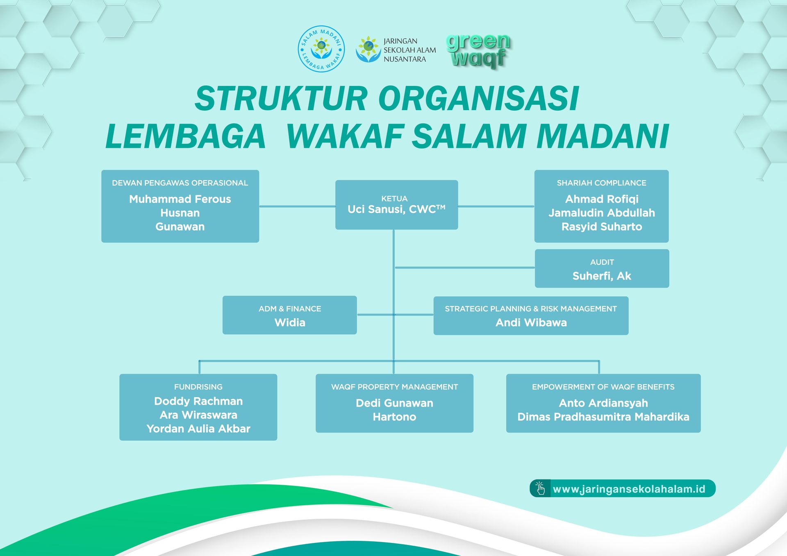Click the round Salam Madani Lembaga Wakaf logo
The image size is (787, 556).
(x=321, y=49)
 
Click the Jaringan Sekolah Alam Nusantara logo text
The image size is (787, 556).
(x=409, y=50)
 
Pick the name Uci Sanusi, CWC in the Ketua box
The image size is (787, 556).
(x=396, y=209)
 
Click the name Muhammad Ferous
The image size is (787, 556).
(x=180, y=199)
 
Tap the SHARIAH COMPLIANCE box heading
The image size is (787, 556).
(x=601, y=183)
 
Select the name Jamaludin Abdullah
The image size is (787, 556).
(x=601, y=213)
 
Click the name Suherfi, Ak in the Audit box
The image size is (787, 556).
(x=601, y=276)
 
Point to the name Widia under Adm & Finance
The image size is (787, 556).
(x=290, y=323)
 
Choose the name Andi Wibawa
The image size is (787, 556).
(x=531, y=323)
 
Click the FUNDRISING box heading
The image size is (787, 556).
(x=198, y=387)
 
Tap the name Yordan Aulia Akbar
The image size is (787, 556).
(x=198, y=429)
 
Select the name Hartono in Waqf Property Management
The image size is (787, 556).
(x=394, y=417)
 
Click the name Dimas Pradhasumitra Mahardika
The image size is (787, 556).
(x=603, y=417)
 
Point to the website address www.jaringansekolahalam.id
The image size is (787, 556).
(x=629, y=489)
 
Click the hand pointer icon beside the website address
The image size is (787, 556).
(x=540, y=488)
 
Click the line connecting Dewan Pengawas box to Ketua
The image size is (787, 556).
(x=297, y=206)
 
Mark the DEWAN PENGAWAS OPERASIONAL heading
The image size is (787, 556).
(x=180, y=183)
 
